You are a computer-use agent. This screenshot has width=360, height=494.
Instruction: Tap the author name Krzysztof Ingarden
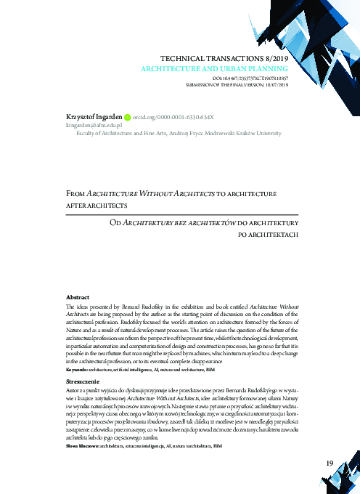pyautogui.click(x=87, y=116)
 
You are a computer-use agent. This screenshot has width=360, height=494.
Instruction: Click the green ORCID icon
pyautogui.click(x=128, y=116)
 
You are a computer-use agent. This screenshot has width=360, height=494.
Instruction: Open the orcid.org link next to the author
pyautogui.click(x=173, y=116)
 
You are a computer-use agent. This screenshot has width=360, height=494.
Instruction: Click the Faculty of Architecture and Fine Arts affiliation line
pyautogui.click(x=179, y=134)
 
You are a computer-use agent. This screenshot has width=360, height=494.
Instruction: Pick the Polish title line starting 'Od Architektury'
pyautogui.click(x=205, y=221)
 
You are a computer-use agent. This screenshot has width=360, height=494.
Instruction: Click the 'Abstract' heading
pyautogui.click(x=78, y=298)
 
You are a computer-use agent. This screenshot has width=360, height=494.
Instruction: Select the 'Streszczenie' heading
pyautogui.click(x=83, y=380)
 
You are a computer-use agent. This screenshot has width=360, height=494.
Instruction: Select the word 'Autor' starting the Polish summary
pyautogui.click(x=73, y=390)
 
